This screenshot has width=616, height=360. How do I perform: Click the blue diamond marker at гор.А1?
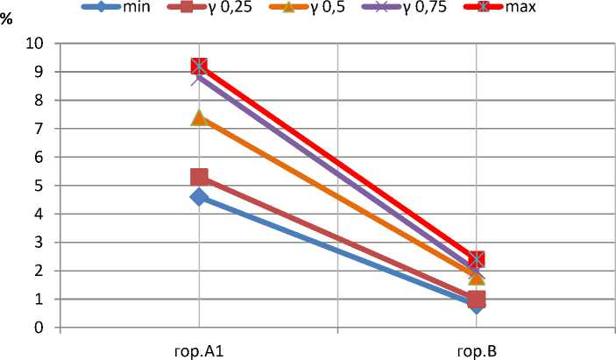point(199,197)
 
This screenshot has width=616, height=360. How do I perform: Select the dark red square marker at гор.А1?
point(199,178)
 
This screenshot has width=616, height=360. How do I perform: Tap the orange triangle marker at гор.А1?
point(199,117)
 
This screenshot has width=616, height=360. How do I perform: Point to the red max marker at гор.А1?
point(199,67)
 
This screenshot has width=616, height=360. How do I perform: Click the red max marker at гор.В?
point(476,259)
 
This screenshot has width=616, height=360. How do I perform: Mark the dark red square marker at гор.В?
point(476,300)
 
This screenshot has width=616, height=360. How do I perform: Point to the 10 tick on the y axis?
point(35,44)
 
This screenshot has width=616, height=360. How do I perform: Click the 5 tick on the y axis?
point(39,186)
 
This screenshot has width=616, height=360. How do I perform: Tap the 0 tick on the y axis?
point(39,328)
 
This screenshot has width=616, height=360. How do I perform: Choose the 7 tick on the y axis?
point(39,129)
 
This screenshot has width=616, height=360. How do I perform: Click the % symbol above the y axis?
point(7,19)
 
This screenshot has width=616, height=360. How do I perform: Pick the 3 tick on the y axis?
point(39,243)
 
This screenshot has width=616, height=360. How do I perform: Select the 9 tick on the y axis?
point(39,72)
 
